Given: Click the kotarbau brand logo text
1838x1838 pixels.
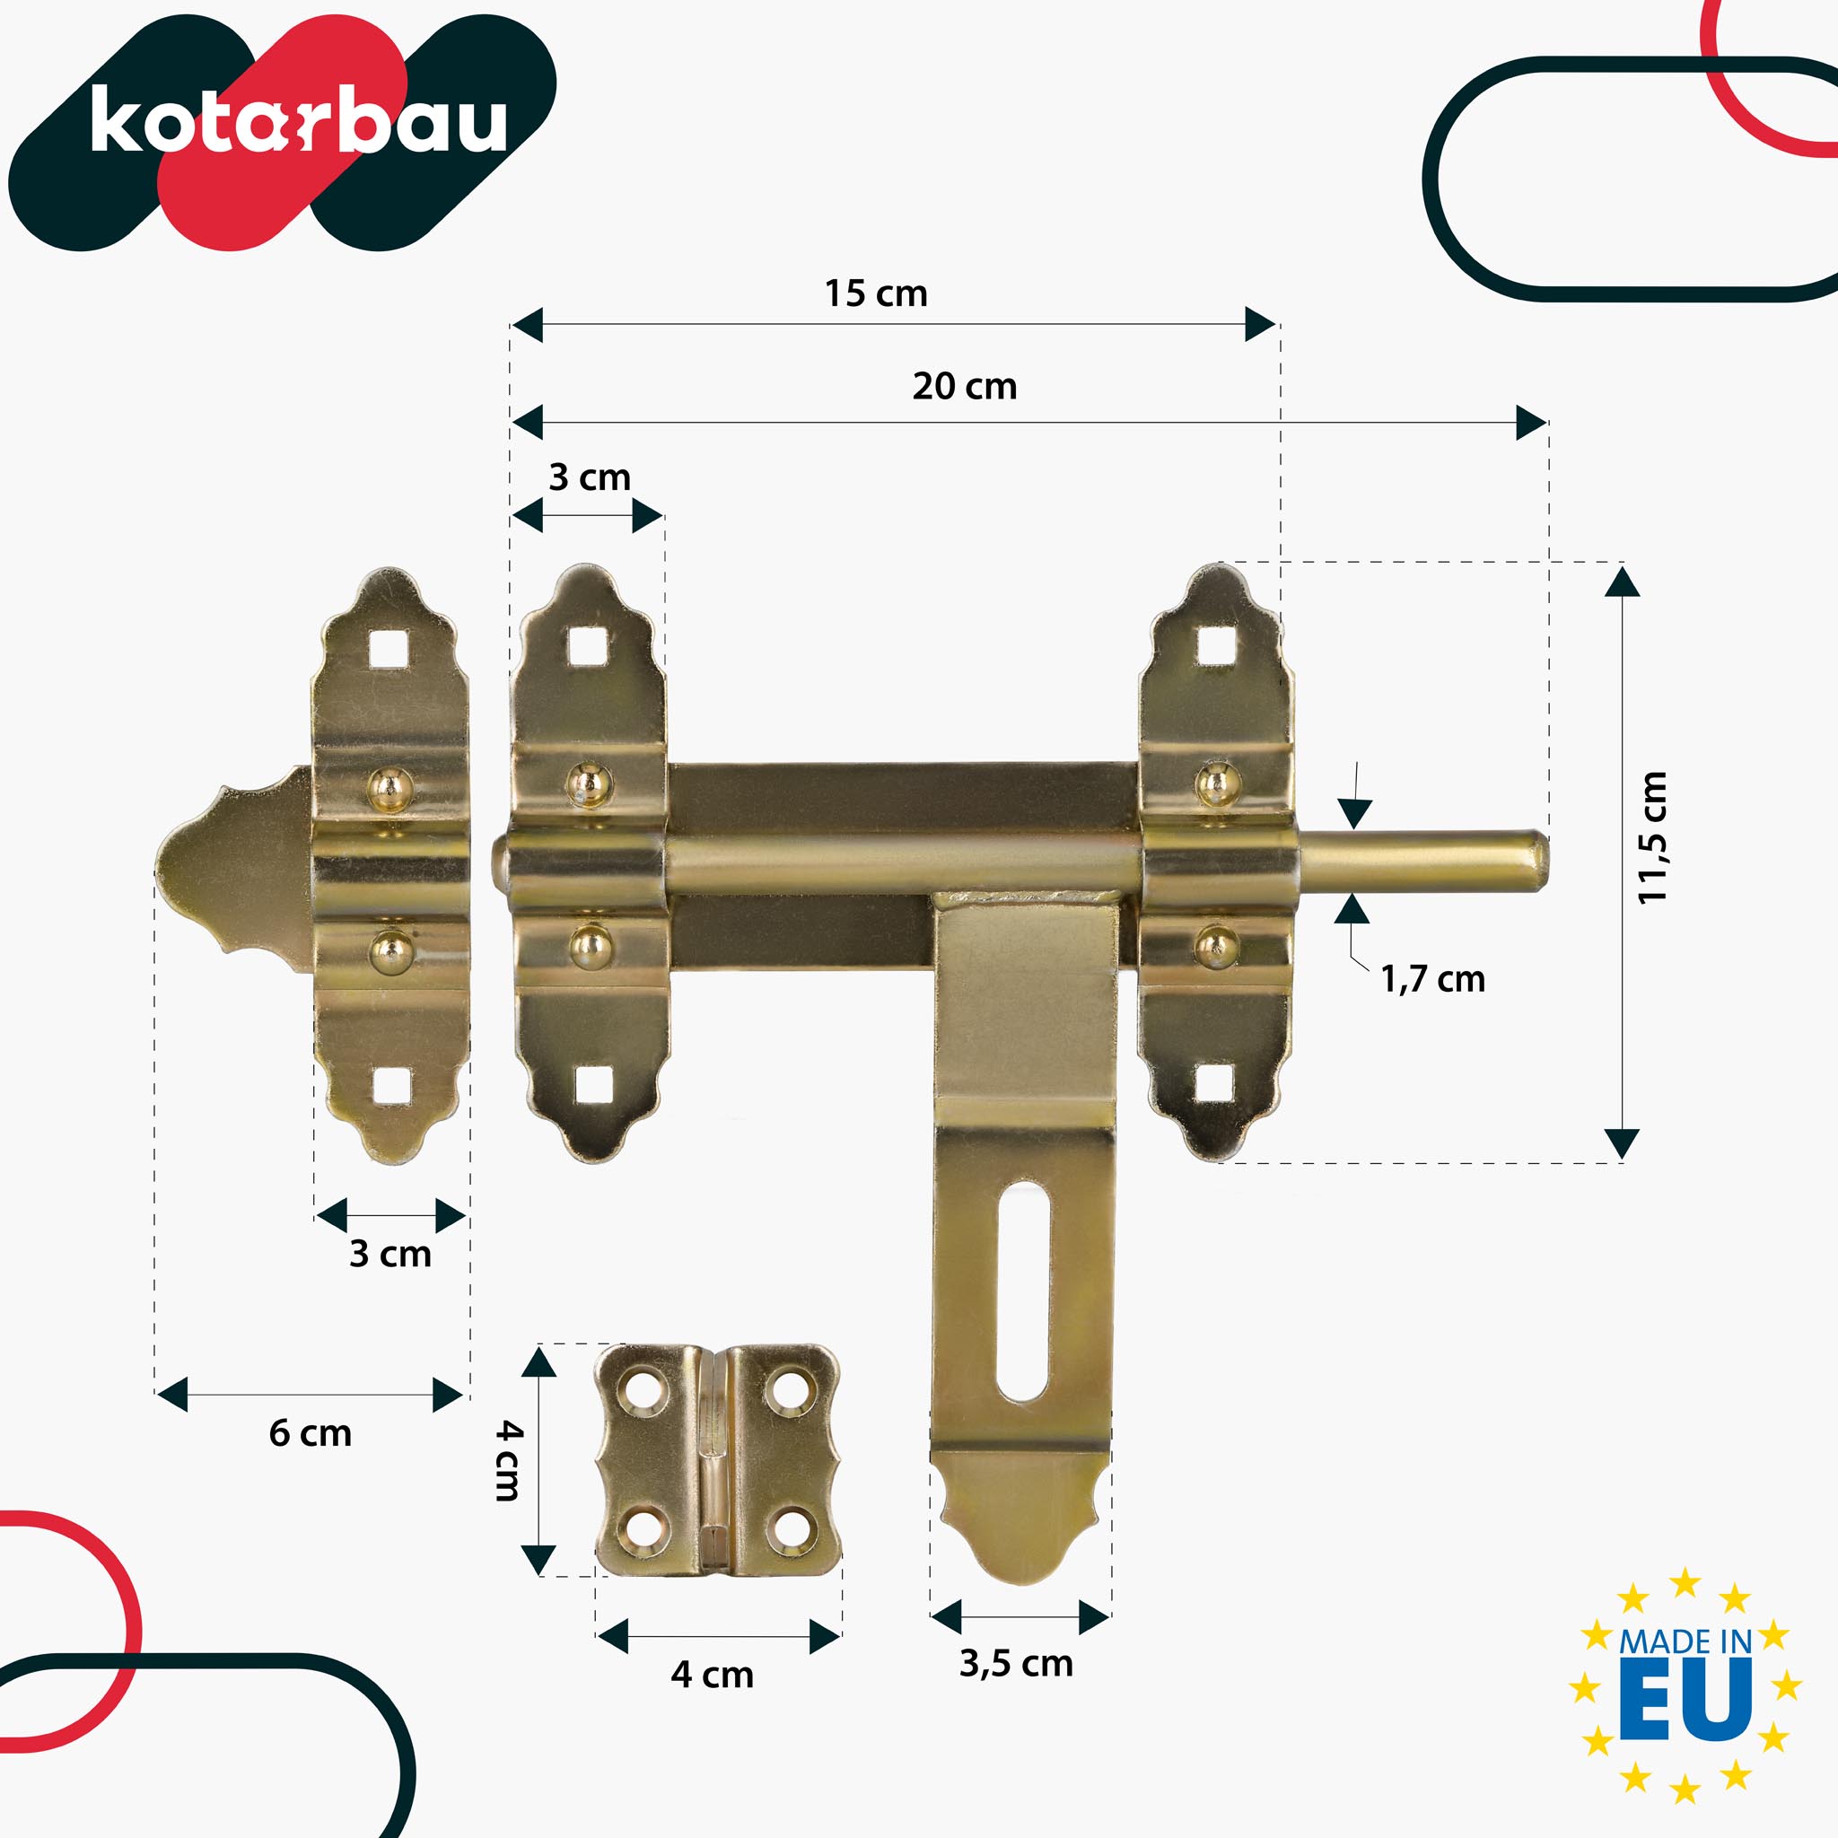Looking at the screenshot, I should pos(298,121).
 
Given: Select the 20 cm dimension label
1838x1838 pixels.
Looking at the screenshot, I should pos(964,386).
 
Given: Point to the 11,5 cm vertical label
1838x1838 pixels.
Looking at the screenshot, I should pos(1652,837).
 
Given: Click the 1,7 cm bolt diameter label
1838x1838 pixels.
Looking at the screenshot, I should pos(1431,979).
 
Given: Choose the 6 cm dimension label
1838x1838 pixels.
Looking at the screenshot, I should pos(311,1432).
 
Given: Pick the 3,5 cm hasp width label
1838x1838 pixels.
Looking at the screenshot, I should pos(1016,1663).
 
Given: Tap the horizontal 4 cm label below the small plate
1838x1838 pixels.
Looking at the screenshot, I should pos(712,1675).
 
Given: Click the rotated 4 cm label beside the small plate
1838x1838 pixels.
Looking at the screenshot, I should pos(509,1461).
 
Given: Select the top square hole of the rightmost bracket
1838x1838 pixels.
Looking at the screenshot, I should pos(1216,647).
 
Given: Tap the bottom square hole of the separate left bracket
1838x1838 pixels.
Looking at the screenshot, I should pos(391,1086).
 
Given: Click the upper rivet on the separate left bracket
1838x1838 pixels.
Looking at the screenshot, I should pos(390,788).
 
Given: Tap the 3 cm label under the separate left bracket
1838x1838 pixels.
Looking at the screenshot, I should pos(390,1254).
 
